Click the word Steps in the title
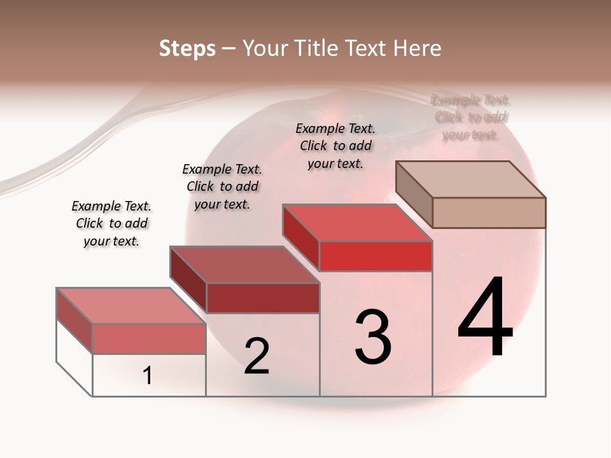coord(187,48)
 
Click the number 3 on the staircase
coord(373,337)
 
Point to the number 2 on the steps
coord(256,356)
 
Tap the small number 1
coord(148,376)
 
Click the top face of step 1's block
coord(130,305)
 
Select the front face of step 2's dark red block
coord(263,298)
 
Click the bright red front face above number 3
coord(376,256)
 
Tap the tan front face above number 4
coord(489,212)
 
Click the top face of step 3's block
coord(358,223)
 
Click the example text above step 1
coord(111,223)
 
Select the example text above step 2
coord(222,186)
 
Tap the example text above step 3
coord(335,146)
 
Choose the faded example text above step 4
coord(471,117)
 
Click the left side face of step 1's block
coord(74,321)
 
